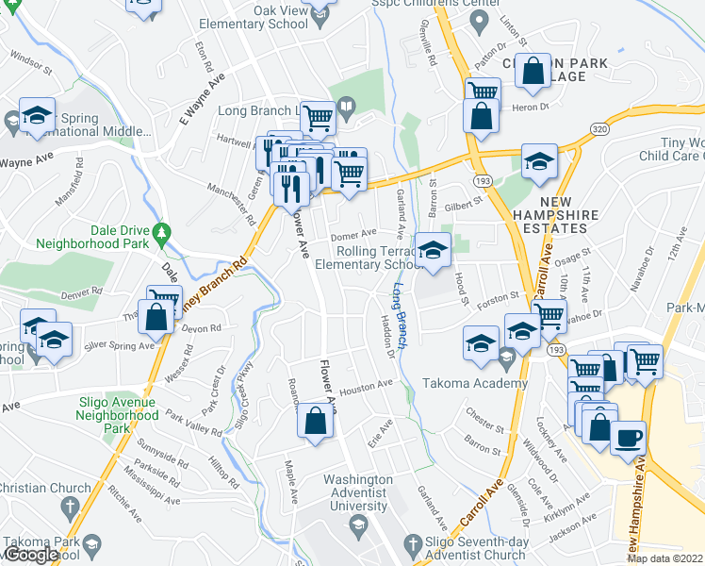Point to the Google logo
[30, 555]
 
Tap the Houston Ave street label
[365, 386]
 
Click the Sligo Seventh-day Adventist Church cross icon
[412, 543]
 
